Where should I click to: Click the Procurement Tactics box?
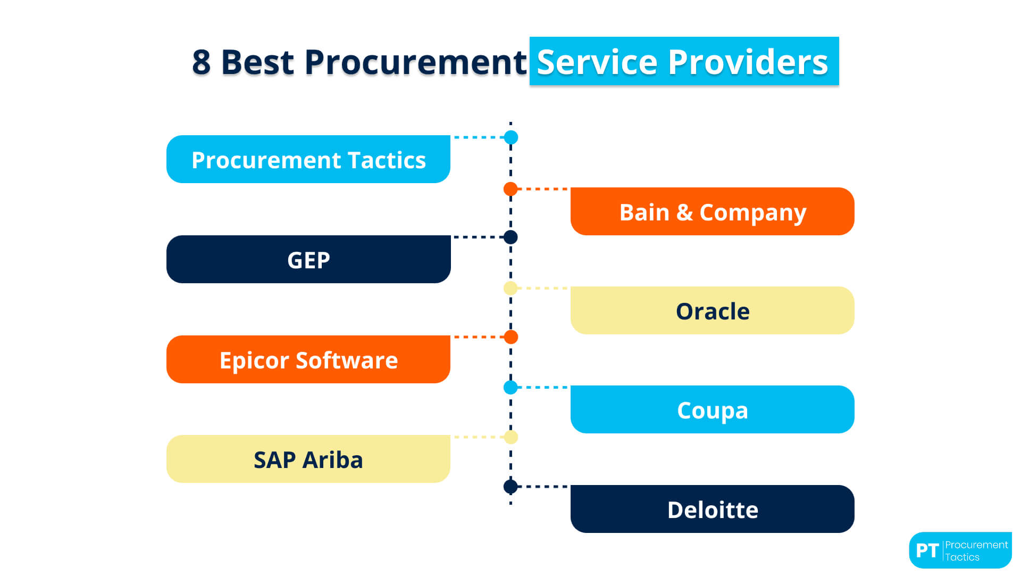(308, 159)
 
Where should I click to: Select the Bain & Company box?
(713, 211)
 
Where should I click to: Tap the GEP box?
(308, 259)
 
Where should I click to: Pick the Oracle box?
(713, 310)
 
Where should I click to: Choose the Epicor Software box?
(308, 359)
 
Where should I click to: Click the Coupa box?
(713, 409)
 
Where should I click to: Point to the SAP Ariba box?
(308, 459)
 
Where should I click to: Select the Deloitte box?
(713, 509)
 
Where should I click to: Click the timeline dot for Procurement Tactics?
(511, 137)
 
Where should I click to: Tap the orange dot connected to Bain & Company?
(510, 189)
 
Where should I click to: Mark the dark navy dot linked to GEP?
(510, 237)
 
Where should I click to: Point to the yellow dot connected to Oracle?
(510, 288)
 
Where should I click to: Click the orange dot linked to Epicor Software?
(511, 337)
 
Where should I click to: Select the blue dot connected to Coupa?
(510, 387)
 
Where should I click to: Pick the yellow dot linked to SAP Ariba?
(511, 437)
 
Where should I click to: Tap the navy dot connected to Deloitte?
(510, 487)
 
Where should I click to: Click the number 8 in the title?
(202, 62)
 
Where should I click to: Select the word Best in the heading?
(257, 62)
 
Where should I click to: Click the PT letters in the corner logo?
(927, 551)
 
